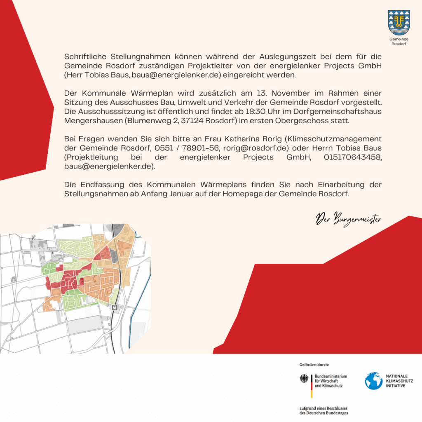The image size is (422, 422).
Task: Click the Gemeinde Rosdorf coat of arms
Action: (x=399, y=22)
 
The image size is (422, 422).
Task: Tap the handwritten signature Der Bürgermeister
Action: (x=348, y=218)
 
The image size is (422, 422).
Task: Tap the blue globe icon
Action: (x=373, y=381)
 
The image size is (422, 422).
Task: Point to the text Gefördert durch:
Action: (x=314, y=365)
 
